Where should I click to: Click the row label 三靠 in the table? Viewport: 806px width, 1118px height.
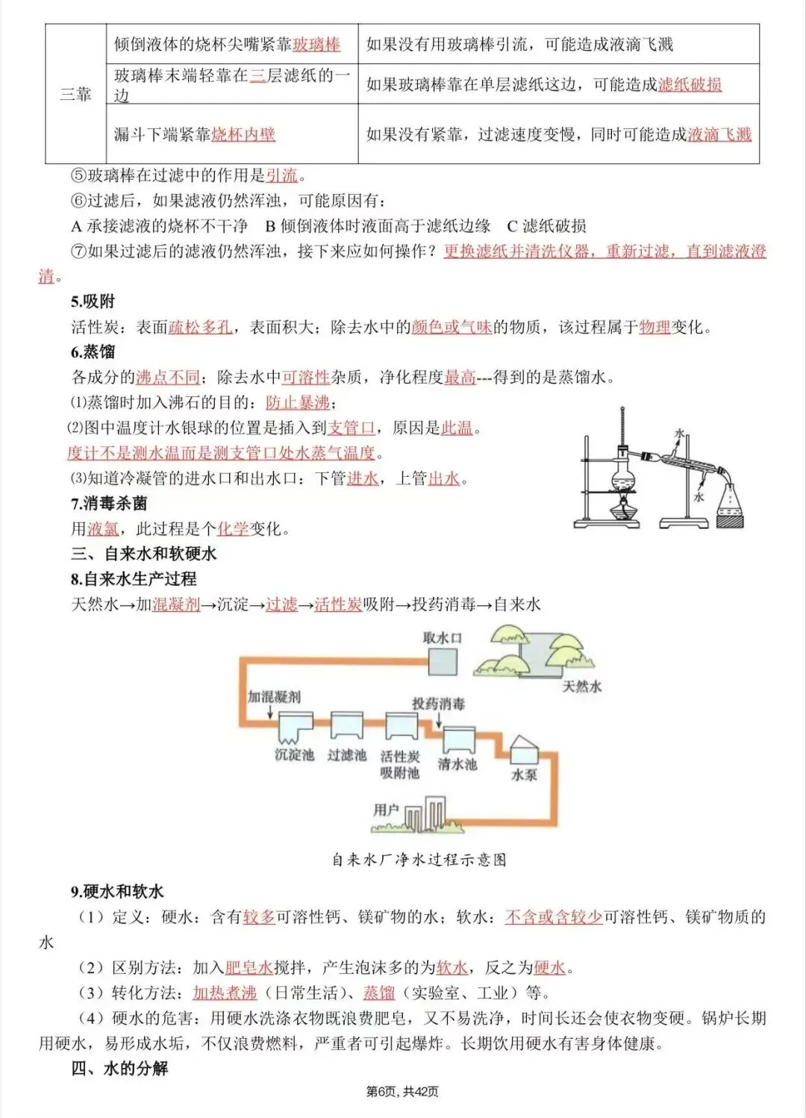pyautogui.click(x=75, y=94)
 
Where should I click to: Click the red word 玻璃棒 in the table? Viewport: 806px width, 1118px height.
pyautogui.click(x=316, y=44)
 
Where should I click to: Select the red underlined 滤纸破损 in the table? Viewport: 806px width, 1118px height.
pyautogui.click(x=690, y=84)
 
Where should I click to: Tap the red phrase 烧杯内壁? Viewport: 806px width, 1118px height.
pyautogui.click(x=243, y=134)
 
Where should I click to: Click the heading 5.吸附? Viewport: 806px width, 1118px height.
pyautogui.click(x=93, y=302)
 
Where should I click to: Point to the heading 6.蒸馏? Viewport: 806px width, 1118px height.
pyautogui.click(x=93, y=352)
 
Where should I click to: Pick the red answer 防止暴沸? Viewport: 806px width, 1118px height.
pyautogui.click(x=298, y=403)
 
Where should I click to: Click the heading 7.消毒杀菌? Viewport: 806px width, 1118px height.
pyautogui.click(x=109, y=504)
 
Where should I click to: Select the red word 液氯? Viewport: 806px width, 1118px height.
pyautogui.click(x=103, y=529)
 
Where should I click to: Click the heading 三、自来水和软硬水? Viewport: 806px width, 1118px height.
pyautogui.click(x=144, y=554)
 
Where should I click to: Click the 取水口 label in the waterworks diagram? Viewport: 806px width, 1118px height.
pyautogui.click(x=442, y=638)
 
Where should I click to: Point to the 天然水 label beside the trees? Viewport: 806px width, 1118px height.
pyautogui.click(x=581, y=686)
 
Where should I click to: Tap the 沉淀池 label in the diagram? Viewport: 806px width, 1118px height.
pyautogui.click(x=294, y=755)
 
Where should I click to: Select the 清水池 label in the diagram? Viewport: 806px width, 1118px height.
pyautogui.click(x=457, y=764)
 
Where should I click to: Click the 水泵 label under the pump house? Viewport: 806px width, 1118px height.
pyautogui.click(x=524, y=775)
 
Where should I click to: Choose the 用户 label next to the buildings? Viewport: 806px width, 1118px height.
pyautogui.click(x=386, y=810)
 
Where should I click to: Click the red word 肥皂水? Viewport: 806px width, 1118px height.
pyautogui.click(x=249, y=968)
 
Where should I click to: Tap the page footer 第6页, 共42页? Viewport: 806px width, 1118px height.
pyautogui.click(x=402, y=1092)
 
